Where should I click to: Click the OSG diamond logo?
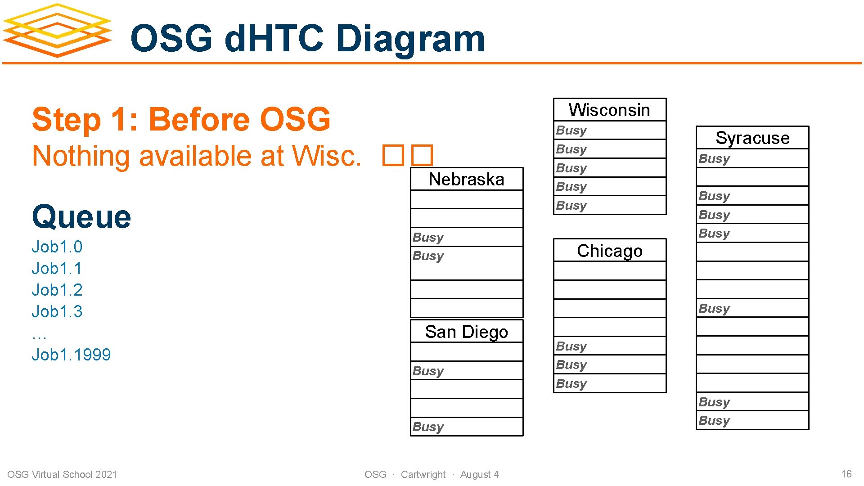pos(57,31)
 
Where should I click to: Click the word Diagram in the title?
pos(410,39)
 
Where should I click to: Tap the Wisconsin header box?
pos(609,110)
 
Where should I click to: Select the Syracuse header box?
pos(752,138)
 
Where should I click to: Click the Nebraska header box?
pos(466,180)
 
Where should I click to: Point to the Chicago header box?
pos(609,251)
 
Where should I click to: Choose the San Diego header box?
pos(466,332)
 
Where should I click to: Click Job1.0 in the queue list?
pos(57,247)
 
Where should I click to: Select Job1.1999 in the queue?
pos(71,355)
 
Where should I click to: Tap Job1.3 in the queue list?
pos(57,311)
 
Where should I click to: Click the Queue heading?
pos(81,217)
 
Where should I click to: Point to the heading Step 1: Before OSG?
pos(181,120)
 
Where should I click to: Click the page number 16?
pos(846,474)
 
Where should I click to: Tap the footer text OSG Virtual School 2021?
pos(62,474)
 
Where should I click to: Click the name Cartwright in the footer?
pos(423,474)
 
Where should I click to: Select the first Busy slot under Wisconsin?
pos(609,130)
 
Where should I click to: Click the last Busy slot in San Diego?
pos(466,427)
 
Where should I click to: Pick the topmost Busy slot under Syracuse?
pos(752,159)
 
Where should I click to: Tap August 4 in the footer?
pos(479,474)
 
